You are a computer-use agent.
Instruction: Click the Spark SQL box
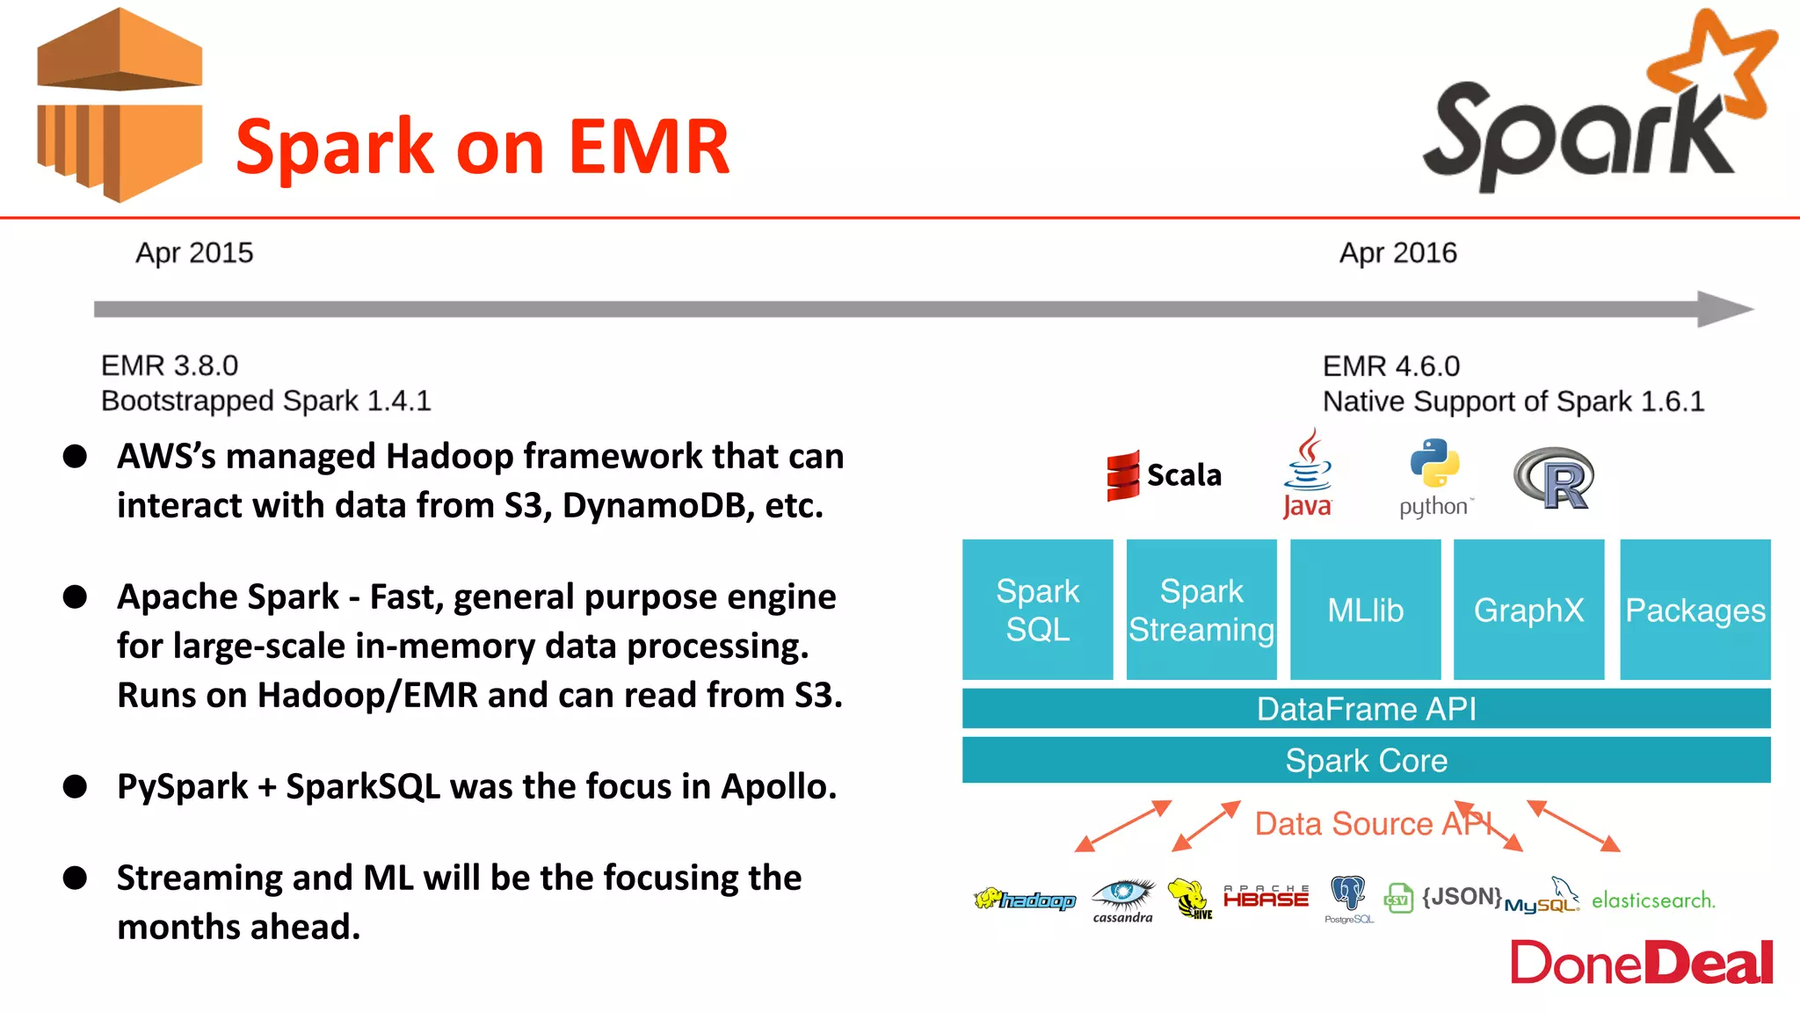(x=1037, y=610)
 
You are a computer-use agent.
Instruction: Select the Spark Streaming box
(x=1201, y=610)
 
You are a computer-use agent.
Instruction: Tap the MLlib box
(x=1365, y=610)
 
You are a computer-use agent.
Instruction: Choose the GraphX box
(x=1528, y=610)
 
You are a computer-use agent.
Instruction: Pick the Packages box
(x=1695, y=610)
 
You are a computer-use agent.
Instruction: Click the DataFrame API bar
(x=1366, y=708)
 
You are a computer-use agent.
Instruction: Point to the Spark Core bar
(x=1366, y=760)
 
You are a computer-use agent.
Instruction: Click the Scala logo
(x=1164, y=475)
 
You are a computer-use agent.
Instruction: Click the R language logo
(x=1554, y=479)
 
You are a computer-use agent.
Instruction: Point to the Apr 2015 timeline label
(x=194, y=253)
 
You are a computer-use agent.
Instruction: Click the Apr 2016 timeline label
(x=1397, y=253)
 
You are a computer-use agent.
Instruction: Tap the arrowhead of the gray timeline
(x=1724, y=309)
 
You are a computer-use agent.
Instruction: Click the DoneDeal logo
(x=1641, y=963)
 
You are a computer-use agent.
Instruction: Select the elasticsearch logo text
(x=1652, y=900)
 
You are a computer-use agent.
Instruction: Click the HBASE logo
(x=1266, y=897)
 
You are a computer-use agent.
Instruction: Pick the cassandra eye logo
(x=1122, y=896)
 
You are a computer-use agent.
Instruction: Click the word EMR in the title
(x=649, y=147)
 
